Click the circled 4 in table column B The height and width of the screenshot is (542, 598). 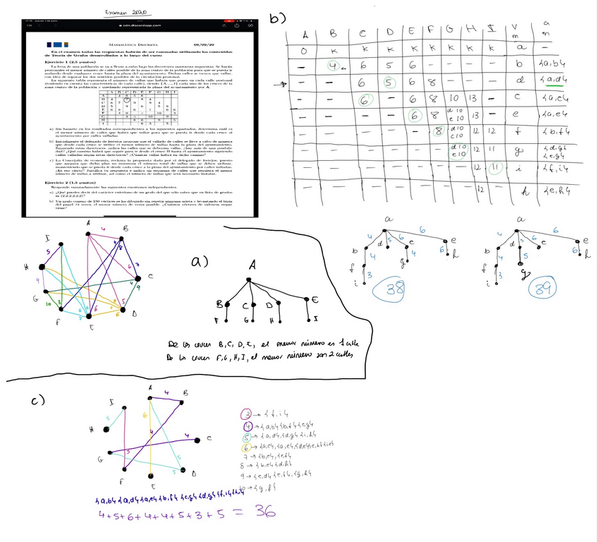pyautogui.click(x=333, y=67)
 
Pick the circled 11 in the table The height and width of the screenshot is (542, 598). pyautogui.click(x=516, y=168)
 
